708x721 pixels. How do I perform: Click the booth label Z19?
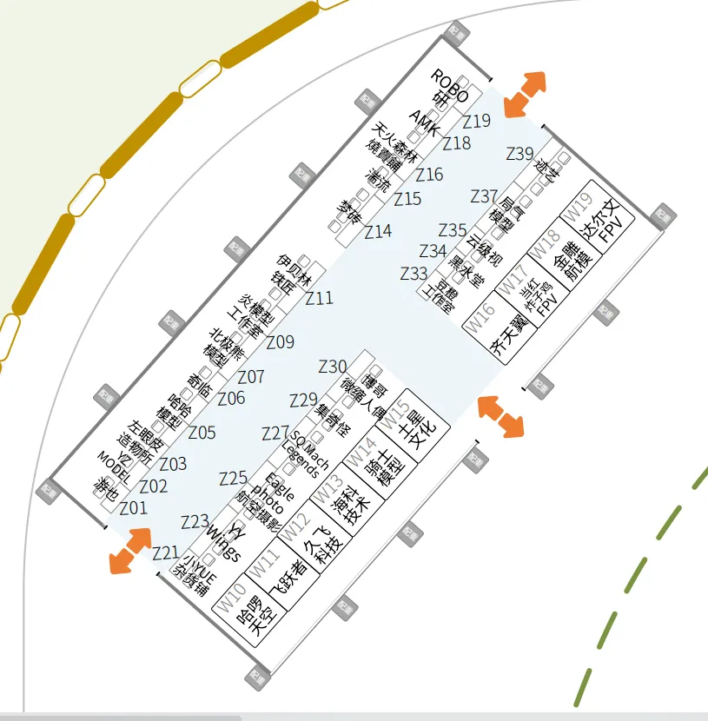tap(476, 122)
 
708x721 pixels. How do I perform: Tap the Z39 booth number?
tap(519, 154)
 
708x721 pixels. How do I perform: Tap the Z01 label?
tap(133, 508)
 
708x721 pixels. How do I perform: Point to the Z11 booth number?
tap(319, 299)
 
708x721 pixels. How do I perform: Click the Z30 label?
tap(333, 367)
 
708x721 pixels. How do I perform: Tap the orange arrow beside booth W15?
tap(501, 415)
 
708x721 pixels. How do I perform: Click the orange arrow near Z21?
tap(130, 550)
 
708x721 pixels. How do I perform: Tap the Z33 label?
tap(414, 274)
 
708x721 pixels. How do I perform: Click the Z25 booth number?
tap(233, 479)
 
